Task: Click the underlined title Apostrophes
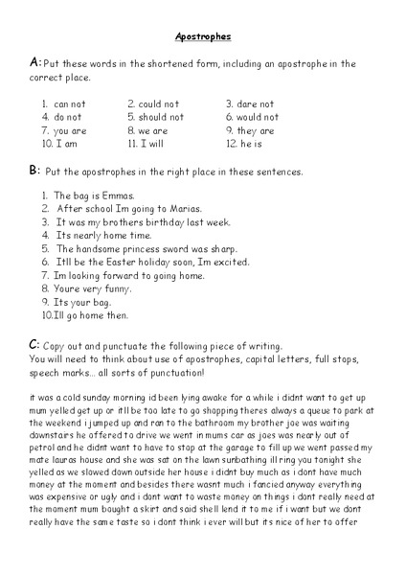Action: pos(203,36)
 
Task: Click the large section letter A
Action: pos(34,63)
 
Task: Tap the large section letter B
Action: pos(34,170)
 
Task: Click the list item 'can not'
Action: pos(70,103)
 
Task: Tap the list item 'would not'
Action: pos(258,117)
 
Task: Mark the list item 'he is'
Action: pos(250,144)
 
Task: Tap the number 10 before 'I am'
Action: pos(45,144)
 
